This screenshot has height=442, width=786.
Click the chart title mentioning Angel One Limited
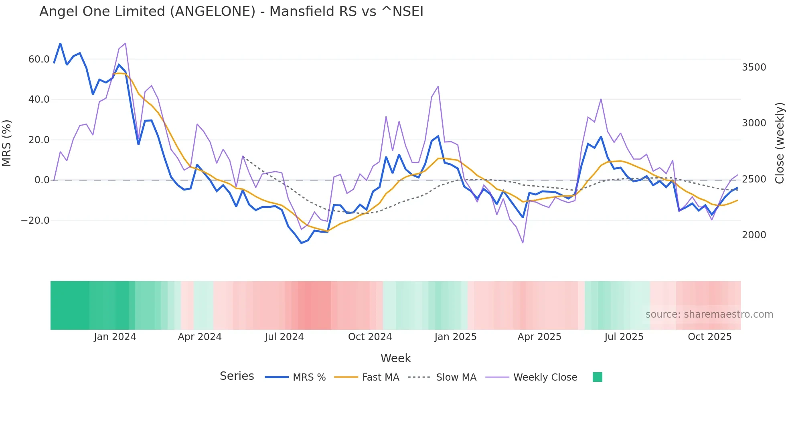coord(231,12)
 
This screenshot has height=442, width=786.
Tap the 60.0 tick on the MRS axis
coord(39,59)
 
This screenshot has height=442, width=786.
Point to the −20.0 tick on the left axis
coord(35,221)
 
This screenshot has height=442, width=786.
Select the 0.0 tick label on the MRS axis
coord(42,180)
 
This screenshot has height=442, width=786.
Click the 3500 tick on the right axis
coord(754,67)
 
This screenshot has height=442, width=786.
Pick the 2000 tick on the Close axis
coord(754,235)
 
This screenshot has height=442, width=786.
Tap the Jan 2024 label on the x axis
coord(115,337)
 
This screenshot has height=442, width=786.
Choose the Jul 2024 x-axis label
coord(284,337)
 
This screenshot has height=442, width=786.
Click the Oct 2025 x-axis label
coord(709,337)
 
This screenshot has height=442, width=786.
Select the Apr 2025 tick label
coord(539,337)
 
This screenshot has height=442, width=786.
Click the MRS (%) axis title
coord(7,143)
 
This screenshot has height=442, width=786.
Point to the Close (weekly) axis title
coord(779,143)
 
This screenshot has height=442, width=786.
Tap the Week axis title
coord(395,358)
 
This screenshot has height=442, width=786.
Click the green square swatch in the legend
coord(597,377)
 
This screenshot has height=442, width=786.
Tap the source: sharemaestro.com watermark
coord(709,314)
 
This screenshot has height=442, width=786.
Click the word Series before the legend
coord(237,376)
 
